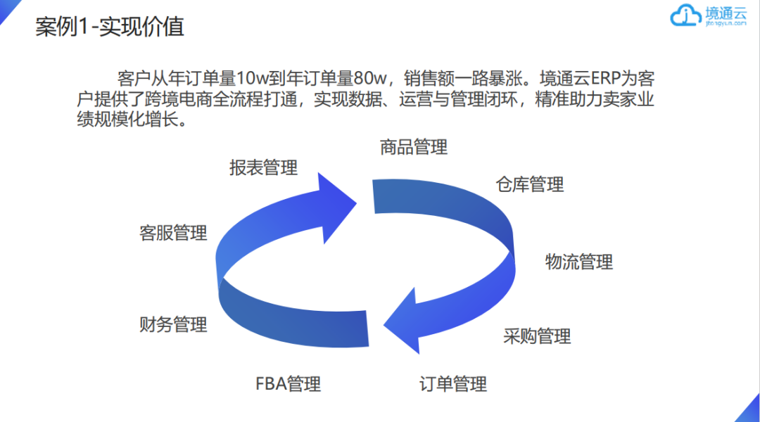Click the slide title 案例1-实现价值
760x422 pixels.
pyautogui.click(x=110, y=27)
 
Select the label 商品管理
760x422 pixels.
pyautogui.click(x=414, y=147)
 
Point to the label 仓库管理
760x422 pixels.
pyautogui.click(x=530, y=184)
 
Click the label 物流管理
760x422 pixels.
pyautogui.click(x=579, y=262)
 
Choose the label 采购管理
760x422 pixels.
pyautogui.click(x=537, y=336)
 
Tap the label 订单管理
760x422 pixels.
pyautogui.click(x=453, y=384)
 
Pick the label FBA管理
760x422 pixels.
pyautogui.click(x=289, y=384)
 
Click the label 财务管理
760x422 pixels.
pyautogui.click(x=174, y=324)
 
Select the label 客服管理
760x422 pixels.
pyautogui.click(x=174, y=233)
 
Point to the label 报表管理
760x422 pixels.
pyautogui.click(x=264, y=167)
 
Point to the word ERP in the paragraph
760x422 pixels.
pyautogui.click(x=604, y=78)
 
